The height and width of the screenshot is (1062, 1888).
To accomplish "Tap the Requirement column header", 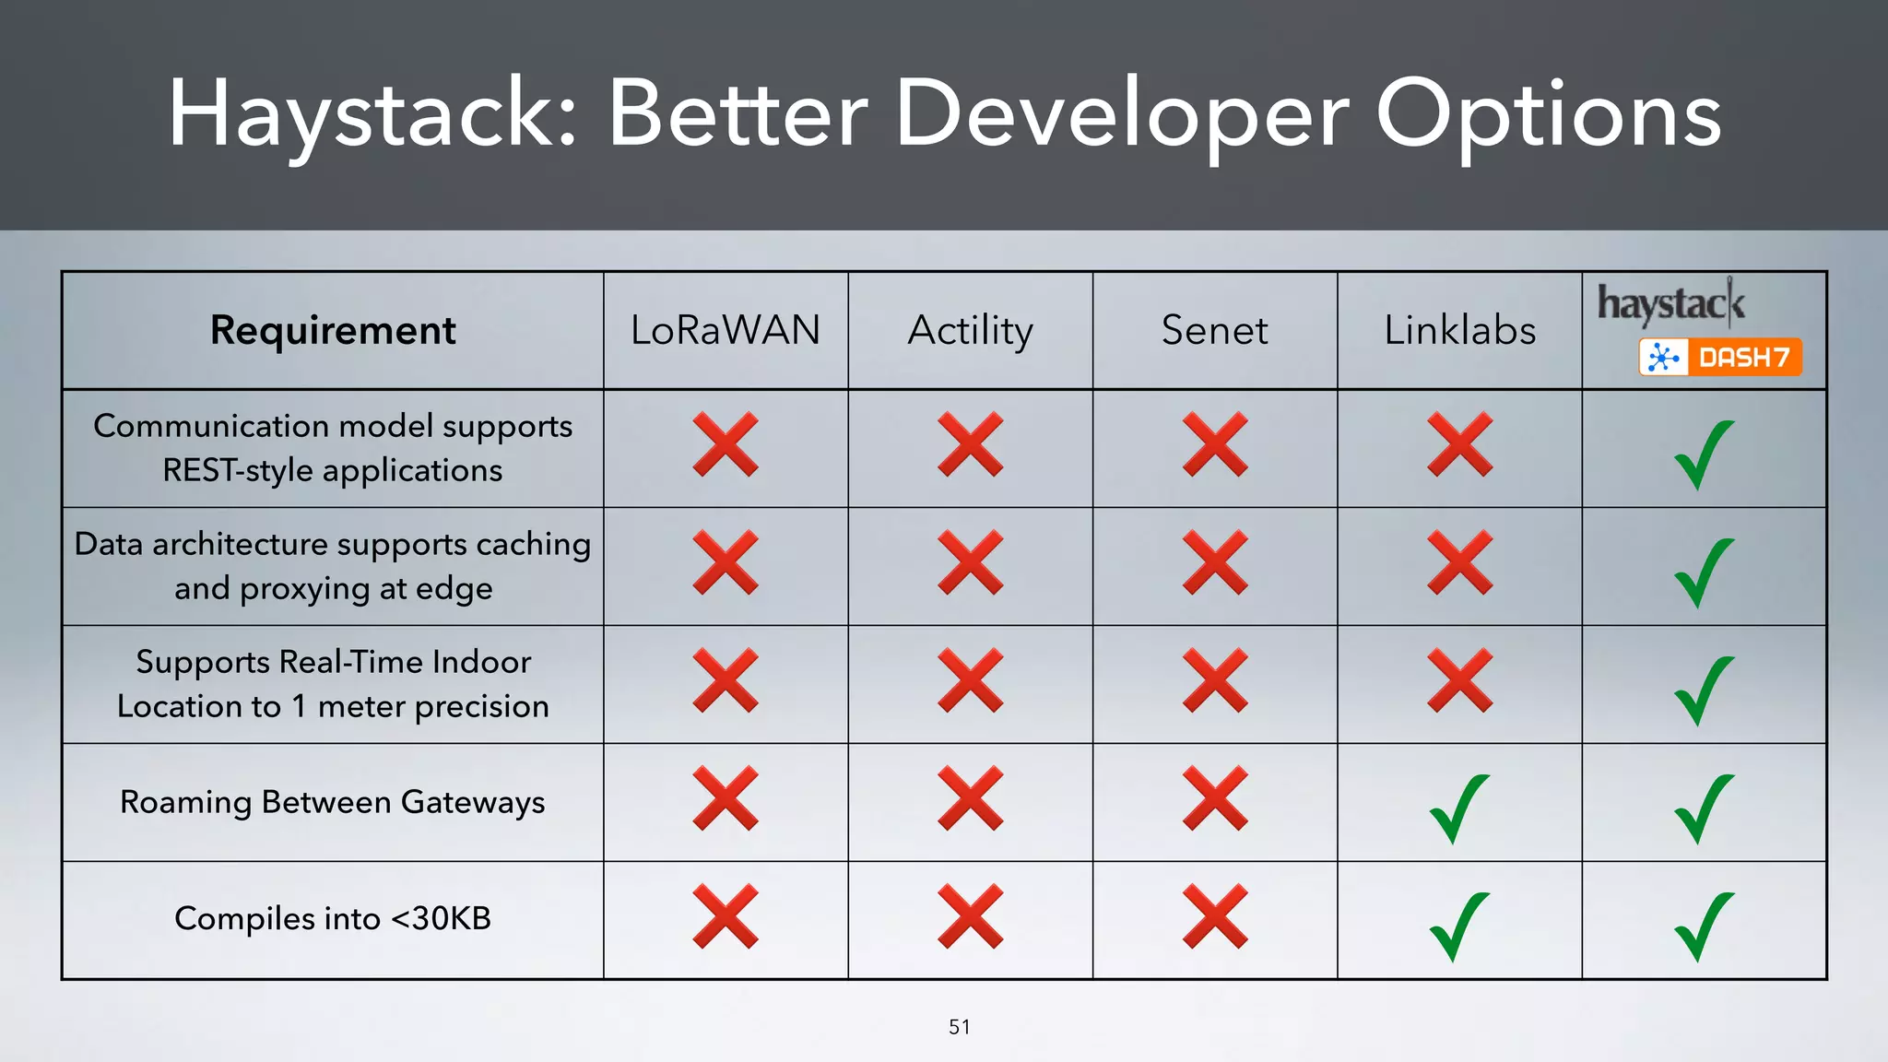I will [333, 330].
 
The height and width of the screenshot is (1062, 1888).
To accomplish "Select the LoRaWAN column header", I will [726, 330].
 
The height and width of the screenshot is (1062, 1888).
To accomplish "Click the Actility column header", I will [970, 330].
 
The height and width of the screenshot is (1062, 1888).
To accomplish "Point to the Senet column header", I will [1214, 330].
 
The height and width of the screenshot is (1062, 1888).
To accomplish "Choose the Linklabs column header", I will [1459, 330].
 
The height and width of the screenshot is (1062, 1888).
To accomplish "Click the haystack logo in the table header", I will [1670, 303].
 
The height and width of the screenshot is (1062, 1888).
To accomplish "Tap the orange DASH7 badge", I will [1720, 357].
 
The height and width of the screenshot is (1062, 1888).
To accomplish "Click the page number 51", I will [959, 1027].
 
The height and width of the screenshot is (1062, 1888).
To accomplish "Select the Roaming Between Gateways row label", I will [333, 802].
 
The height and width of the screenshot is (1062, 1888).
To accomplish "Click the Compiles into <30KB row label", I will [333, 918].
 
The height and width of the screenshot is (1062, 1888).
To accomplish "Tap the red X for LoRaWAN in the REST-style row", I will [726, 444].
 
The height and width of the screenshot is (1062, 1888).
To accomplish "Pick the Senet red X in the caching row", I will [1215, 562].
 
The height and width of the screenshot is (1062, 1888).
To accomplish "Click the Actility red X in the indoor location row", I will [970, 680].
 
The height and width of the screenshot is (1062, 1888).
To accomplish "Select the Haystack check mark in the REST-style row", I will [1704, 454].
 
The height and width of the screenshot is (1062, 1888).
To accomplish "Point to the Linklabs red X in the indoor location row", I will [1459, 680].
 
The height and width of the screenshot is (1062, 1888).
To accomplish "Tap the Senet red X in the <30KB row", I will [1215, 916].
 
